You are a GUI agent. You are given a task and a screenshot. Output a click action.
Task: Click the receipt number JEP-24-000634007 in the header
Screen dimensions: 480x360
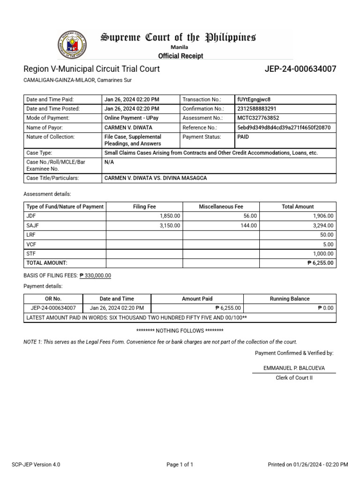pos(300,69)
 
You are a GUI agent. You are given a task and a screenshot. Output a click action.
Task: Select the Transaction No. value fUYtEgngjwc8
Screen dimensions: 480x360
pos(254,99)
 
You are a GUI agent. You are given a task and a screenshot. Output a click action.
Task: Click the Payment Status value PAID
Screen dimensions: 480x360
pos(243,137)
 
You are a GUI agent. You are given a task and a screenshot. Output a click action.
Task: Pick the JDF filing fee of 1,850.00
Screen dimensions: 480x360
pos(170,216)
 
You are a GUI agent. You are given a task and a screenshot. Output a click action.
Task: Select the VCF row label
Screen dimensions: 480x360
pos(31,244)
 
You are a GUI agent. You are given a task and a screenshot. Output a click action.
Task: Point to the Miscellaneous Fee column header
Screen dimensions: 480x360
pos(221,207)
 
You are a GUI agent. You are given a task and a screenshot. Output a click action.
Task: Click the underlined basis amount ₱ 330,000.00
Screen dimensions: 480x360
pos(95,276)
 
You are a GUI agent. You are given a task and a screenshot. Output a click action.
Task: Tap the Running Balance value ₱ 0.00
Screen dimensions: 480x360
pos(325,308)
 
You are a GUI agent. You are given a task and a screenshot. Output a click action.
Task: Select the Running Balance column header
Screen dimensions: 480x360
pos(290,299)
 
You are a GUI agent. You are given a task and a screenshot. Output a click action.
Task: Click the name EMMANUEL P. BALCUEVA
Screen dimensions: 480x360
pos(294,368)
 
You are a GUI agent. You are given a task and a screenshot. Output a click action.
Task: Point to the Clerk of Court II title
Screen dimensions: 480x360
pos(294,378)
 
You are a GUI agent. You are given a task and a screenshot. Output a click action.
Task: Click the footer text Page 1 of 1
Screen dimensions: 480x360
pos(180,465)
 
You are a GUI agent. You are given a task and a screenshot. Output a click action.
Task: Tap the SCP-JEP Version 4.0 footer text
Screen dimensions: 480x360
pos(36,465)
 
